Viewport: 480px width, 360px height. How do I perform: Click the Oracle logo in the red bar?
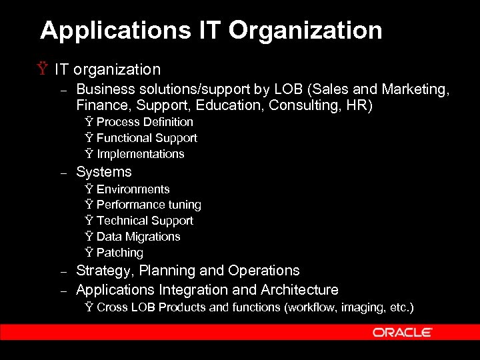coord(402,332)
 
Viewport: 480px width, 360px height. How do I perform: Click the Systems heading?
coord(104,172)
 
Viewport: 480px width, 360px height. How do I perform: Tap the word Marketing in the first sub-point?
coord(419,89)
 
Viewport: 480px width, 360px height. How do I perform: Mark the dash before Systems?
coord(64,173)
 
